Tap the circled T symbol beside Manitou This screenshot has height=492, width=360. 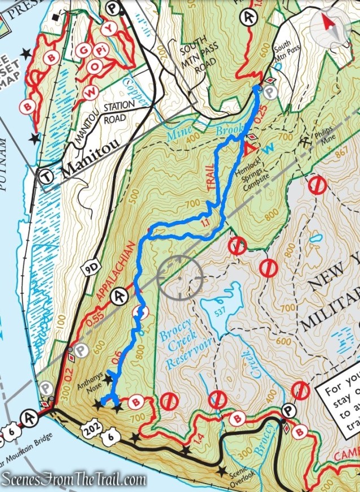coord(46,176)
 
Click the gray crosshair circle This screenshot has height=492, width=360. coord(180,277)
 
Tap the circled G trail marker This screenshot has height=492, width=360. coord(84,51)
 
